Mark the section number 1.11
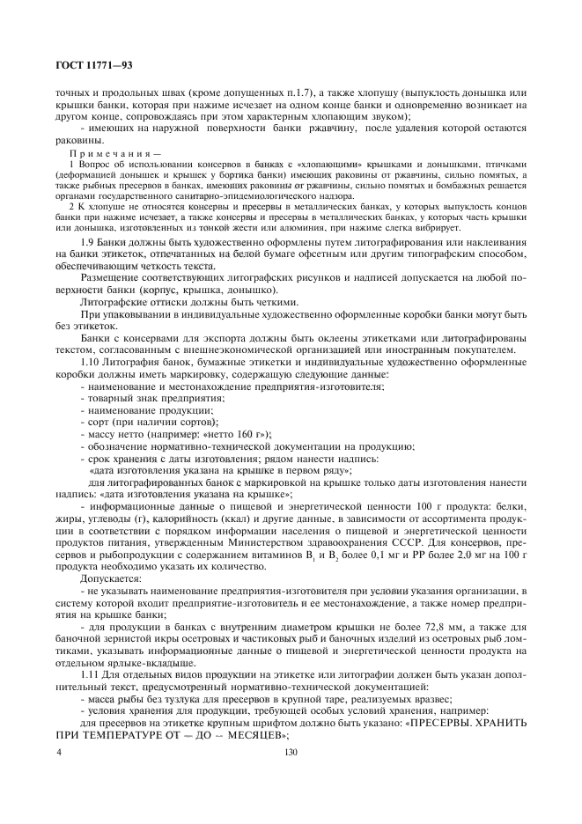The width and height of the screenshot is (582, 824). click(x=91, y=673)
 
